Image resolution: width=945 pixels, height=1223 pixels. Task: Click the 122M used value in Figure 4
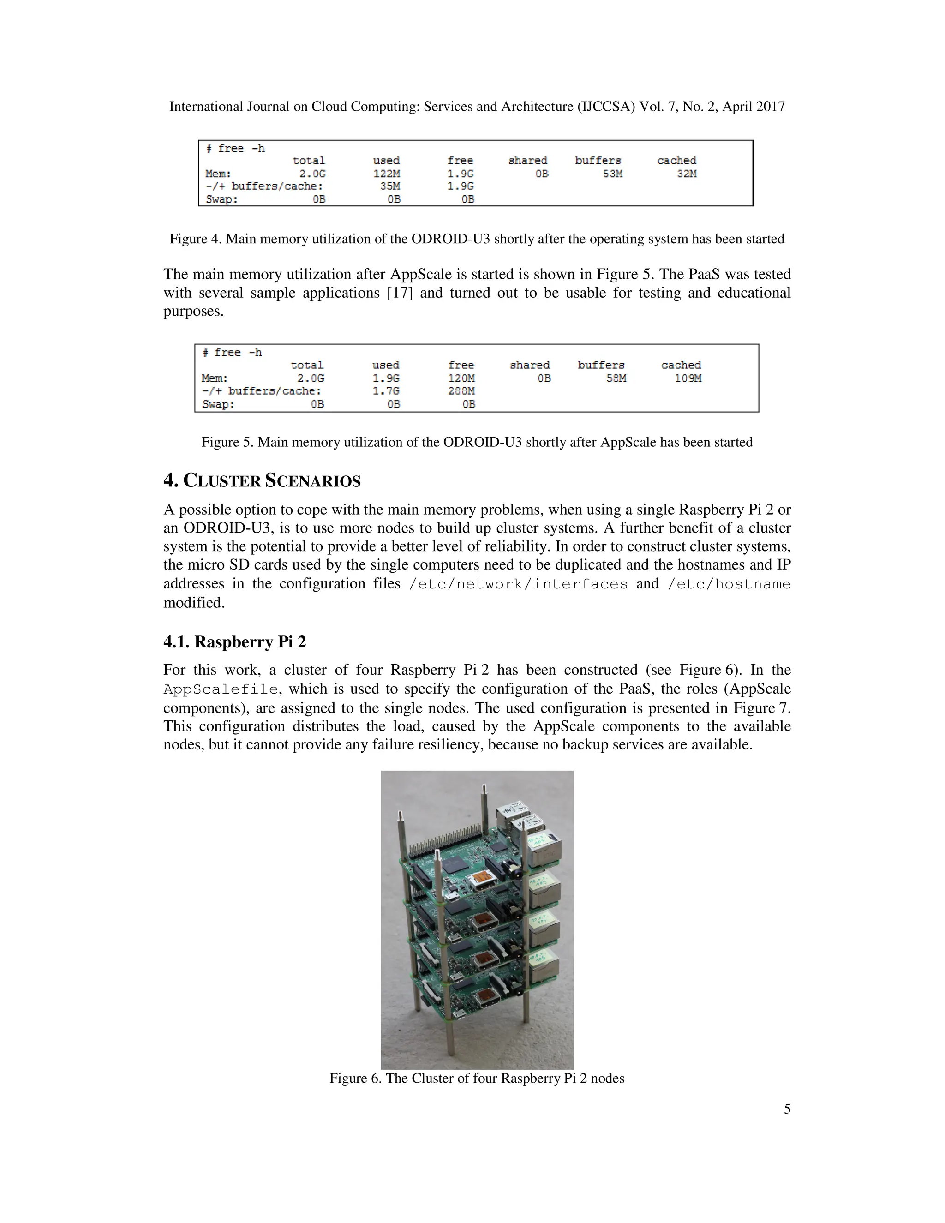click(x=386, y=174)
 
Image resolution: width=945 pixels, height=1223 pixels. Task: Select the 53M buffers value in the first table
click(x=612, y=174)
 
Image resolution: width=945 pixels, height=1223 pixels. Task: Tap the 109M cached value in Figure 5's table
click(x=688, y=378)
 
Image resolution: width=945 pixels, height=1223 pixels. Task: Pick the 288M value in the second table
click(x=461, y=391)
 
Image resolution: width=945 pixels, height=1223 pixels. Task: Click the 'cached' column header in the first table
click(x=676, y=161)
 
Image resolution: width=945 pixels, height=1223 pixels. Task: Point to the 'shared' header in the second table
click(x=529, y=365)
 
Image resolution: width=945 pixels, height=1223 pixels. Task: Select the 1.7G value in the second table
click(x=386, y=391)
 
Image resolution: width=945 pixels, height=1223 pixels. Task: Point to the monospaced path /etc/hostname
click(x=729, y=584)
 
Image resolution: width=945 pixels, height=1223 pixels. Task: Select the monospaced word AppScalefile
click(x=220, y=689)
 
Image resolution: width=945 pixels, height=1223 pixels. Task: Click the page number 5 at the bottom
click(x=787, y=1109)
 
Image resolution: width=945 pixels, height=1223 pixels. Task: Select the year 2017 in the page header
click(x=770, y=107)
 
